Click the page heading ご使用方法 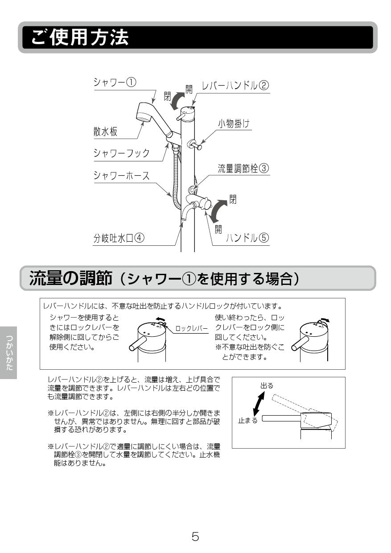80,38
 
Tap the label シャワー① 115,83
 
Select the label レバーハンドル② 235,86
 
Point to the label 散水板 105,132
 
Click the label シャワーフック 121,153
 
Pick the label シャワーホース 121,175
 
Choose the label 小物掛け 234,124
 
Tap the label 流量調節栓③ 243,169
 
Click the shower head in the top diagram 148,114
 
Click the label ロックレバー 191,328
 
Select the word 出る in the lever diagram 267,386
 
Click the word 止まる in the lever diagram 247,421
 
